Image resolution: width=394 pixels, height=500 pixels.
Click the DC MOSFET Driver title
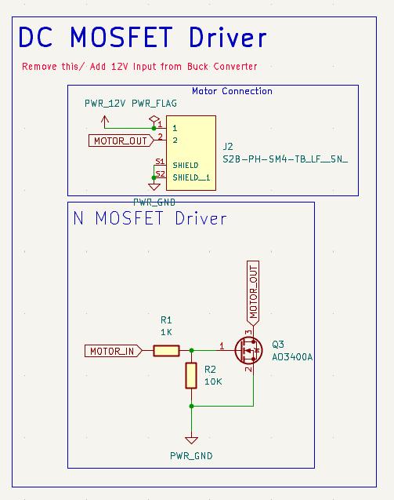coord(143,38)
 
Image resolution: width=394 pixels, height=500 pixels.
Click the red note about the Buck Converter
coord(139,66)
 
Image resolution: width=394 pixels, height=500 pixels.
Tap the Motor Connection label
coord(232,91)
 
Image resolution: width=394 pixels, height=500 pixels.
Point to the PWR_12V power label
coord(105,104)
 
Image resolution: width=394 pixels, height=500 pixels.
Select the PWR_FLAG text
coord(154,104)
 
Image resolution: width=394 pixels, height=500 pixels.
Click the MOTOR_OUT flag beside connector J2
coord(121,141)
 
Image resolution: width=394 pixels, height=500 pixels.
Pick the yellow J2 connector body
coord(191,153)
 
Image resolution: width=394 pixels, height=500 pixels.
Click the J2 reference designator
coord(228,147)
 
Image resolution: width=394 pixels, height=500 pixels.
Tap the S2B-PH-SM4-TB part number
coord(285,159)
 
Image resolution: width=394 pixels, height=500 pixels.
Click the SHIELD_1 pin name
coord(191,177)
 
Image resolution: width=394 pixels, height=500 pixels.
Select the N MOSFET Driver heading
coord(150,218)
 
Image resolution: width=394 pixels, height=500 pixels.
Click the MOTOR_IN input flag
coord(114,351)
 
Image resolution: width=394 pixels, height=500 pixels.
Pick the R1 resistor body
coord(166,351)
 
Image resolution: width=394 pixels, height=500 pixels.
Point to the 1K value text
coord(166,332)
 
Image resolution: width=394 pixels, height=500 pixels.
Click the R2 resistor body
coord(191,375)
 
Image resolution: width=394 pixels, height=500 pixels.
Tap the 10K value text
coord(213,381)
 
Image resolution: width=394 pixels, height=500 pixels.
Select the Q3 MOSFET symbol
coord(248,350)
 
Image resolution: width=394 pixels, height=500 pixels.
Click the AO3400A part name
coord(292,357)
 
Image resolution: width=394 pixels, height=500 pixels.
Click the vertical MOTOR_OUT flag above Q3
coord(253,293)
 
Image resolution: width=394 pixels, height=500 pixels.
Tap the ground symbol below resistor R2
coord(191,440)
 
